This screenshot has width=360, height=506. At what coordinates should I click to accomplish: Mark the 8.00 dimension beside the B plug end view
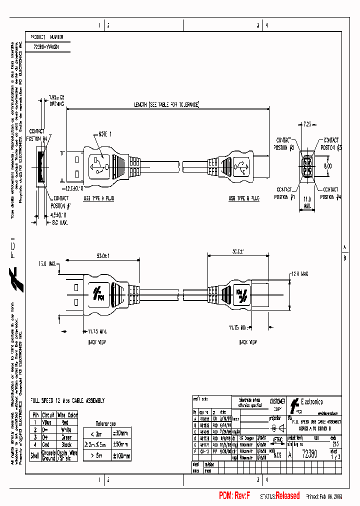pos(328,165)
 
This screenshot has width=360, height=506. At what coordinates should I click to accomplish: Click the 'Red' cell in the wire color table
pos(67,422)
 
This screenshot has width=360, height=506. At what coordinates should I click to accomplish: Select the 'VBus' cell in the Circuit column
pos(48,422)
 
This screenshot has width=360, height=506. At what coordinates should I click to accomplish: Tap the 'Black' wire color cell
pos(67,444)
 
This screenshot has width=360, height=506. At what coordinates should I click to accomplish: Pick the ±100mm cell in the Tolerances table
pos(121,455)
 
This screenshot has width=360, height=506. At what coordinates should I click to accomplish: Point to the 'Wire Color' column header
pos(67,414)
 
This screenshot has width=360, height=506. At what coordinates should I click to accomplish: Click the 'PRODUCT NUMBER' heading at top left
pos(47,37)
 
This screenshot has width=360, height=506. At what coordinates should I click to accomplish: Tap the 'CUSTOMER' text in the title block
pos(277,401)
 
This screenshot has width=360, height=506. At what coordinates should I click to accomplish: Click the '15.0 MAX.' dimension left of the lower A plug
pos(47,263)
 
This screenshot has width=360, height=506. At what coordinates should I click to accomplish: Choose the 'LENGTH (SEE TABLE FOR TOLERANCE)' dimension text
pos(166,105)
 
